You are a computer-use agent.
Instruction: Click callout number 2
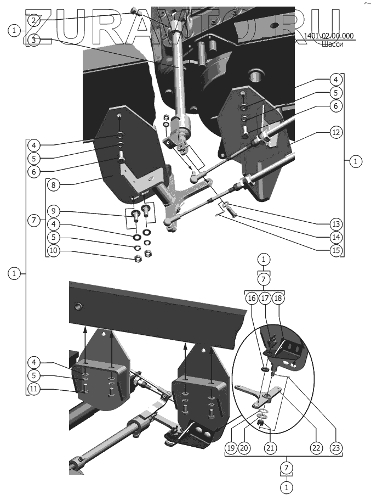34,20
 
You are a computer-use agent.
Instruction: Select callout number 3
34,40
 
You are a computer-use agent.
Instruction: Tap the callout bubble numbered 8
53,186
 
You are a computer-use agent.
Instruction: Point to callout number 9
53,211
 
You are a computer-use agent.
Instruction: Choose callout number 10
53,250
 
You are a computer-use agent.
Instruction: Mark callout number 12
335,132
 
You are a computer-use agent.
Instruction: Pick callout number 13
335,224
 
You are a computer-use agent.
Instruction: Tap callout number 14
335,238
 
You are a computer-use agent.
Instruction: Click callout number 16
251,298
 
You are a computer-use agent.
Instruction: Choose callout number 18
278,298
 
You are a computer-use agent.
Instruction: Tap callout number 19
231,448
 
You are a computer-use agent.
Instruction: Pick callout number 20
244,448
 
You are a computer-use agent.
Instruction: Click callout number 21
269,448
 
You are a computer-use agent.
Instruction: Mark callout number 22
315,448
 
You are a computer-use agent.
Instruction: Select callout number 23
335,448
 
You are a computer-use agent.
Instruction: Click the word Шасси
333,45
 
